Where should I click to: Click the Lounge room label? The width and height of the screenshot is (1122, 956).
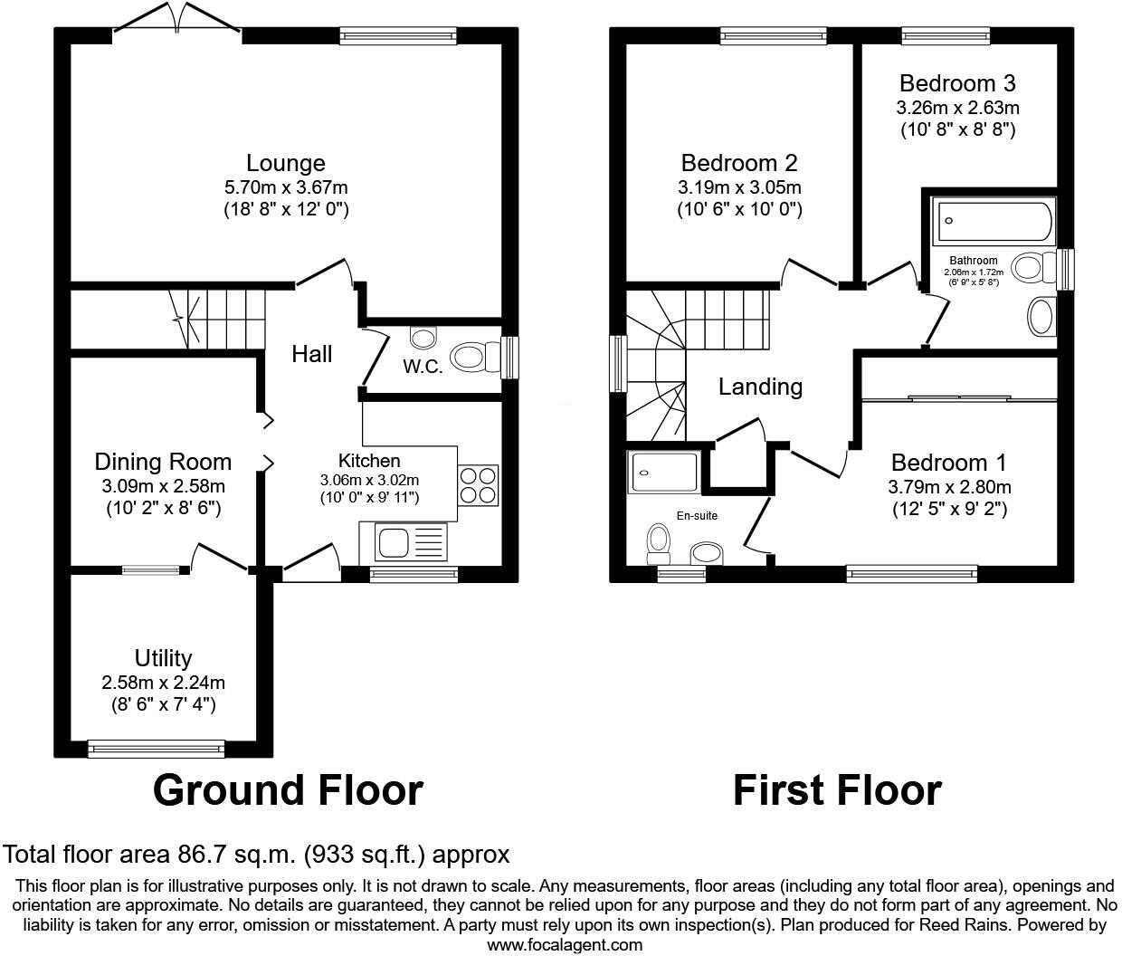(285, 163)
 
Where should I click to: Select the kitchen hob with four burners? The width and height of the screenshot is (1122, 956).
(478, 484)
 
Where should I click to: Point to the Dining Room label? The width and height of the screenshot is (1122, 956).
(163, 462)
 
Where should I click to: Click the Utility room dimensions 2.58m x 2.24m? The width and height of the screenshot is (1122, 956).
(163, 683)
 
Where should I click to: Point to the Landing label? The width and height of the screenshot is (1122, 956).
(760, 387)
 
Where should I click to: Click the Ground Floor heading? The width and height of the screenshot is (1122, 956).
(288, 790)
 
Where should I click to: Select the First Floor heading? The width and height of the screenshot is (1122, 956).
(836, 790)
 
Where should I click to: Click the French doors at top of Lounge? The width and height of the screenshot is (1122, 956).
(177, 20)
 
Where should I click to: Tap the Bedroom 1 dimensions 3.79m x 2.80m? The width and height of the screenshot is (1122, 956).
(949, 487)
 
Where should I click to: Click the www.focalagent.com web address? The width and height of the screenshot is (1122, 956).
(565, 945)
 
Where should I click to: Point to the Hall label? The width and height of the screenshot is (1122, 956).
(311, 354)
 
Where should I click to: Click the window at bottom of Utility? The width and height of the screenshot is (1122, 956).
(157, 748)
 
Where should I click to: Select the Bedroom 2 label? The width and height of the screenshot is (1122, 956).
(739, 163)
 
